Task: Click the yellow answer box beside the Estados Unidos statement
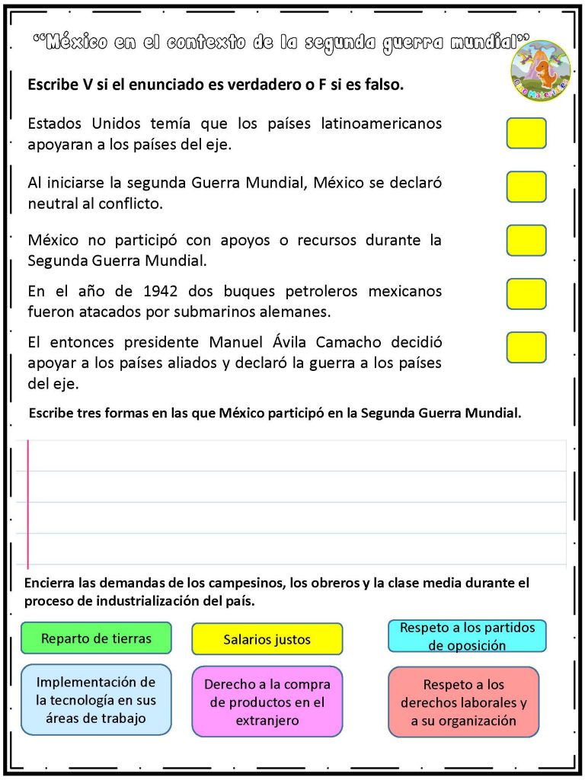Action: pos(526,133)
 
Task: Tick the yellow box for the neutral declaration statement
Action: pos(526,187)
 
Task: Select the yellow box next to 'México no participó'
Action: pos(526,240)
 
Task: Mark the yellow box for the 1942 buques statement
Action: pos(526,293)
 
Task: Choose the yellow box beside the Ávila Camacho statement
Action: pos(526,347)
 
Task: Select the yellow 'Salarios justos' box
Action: pos(267,639)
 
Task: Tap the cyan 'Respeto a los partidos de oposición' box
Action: pos(467,636)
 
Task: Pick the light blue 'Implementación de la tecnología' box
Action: pos(96,699)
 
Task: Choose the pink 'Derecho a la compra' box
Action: pos(267,702)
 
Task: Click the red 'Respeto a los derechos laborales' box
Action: pos(463,702)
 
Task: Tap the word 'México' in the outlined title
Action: pos(76,43)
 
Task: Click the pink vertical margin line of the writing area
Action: pos(28,503)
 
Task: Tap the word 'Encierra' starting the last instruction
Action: pos(50,583)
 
